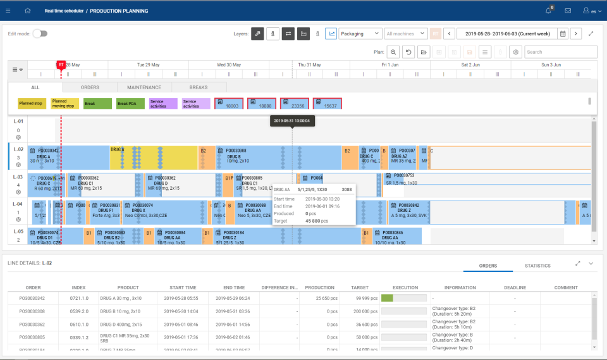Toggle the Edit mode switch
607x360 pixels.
tap(40, 34)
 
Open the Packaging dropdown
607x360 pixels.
tap(360, 34)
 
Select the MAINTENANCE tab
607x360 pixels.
tap(144, 87)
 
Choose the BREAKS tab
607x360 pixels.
tap(199, 87)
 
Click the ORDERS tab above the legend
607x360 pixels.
tap(90, 87)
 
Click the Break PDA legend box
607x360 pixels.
tap(131, 104)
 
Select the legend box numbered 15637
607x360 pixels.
tap(328, 104)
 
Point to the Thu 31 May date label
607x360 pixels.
tap(309, 65)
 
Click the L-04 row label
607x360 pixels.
tap(18, 204)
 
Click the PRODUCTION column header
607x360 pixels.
tap(319, 287)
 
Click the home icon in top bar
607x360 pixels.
tap(27, 11)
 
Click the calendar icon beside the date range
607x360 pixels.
tap(563, 34)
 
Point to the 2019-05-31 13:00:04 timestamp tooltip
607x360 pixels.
tap(292, 121)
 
